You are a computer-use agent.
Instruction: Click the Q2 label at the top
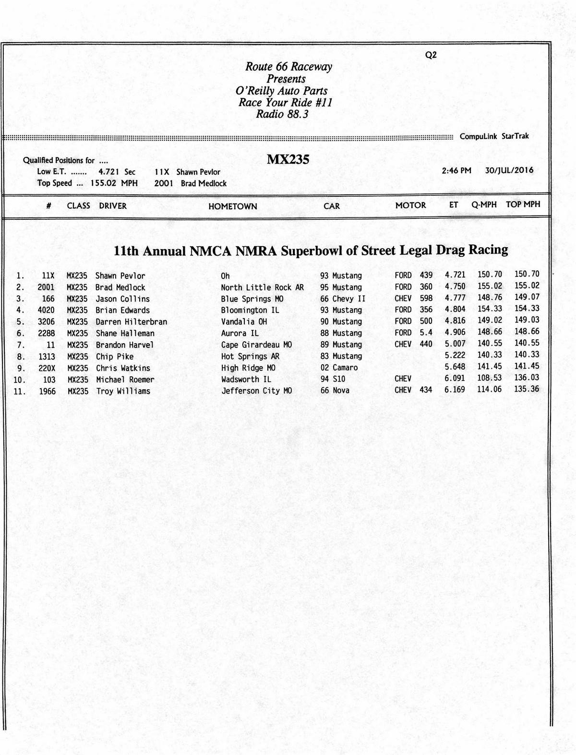point(431,55)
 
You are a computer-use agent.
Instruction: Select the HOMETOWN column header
point(232,206)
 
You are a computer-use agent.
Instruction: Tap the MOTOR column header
point(410,205)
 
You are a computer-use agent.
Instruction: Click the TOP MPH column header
point(523,204)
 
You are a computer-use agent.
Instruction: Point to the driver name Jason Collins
point(122,299)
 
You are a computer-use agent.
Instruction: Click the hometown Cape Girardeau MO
point(256,345)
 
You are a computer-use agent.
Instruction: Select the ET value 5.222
point(455,355)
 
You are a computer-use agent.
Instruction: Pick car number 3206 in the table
point(46,322)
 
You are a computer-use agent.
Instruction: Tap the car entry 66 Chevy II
point(343,299)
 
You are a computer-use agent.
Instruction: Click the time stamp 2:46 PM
point(456,170)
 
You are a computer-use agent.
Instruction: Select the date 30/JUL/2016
point(509,170)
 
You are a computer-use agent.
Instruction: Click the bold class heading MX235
point(288,160)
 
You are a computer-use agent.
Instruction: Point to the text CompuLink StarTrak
point(494,136)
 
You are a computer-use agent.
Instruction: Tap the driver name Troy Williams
point(123,391)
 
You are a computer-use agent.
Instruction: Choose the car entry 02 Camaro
point(339,368)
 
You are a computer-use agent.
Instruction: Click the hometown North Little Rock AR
point(262,288)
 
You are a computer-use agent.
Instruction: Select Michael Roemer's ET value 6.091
point(455,378)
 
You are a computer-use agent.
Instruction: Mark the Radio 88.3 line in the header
point(282,114)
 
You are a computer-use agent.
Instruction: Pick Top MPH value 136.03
point(527,378)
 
